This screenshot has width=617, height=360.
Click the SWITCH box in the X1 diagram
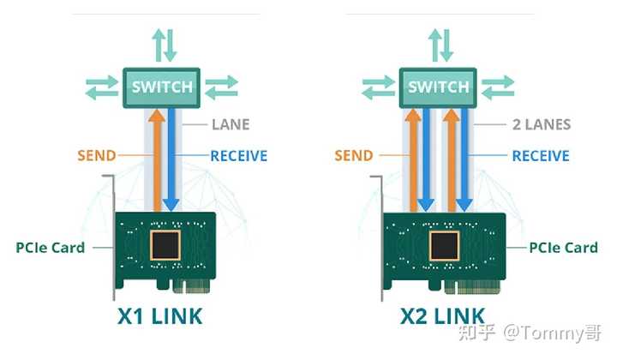coord(161,87)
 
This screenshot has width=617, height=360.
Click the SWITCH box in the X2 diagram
coord(438,87)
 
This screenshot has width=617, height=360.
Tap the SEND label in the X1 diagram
coord(97,155)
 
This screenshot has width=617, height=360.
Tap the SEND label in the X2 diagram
coord(354,155)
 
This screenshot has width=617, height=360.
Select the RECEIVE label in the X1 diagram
coord(239,156)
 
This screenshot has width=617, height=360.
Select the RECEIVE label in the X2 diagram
coord(541,156)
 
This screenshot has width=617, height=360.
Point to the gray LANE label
coord(231,125)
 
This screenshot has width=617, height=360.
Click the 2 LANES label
coord(542,125)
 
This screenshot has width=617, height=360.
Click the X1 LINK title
coord(160,316)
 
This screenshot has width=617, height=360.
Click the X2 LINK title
coord(443,316)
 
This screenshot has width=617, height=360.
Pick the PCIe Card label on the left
coord(51,248)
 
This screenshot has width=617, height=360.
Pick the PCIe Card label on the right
coord(564,248)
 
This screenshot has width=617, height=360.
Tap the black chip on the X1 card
coord(165,245)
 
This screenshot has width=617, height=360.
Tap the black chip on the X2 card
coord(444,246)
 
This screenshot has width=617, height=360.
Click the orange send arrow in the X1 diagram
coord(158,160)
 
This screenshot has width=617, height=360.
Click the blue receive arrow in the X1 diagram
coord(171,160)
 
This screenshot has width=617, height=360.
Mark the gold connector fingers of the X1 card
coord(191,286)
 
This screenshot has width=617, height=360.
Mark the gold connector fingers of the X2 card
coord(472,287)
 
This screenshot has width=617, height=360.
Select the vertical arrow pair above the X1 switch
coord(165,45)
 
